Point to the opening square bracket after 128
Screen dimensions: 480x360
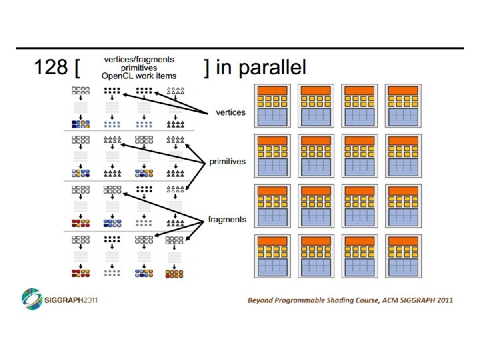79,68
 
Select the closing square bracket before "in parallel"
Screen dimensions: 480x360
207,67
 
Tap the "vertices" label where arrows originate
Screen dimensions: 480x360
231,112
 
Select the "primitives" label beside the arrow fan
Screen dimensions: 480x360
227,161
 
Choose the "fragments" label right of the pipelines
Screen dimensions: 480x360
227,219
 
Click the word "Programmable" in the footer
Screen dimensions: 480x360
303,300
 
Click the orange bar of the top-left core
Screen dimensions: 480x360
273,90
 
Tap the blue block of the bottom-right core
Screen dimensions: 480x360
402,267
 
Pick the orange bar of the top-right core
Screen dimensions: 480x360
402,90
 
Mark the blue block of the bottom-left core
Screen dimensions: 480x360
273,267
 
